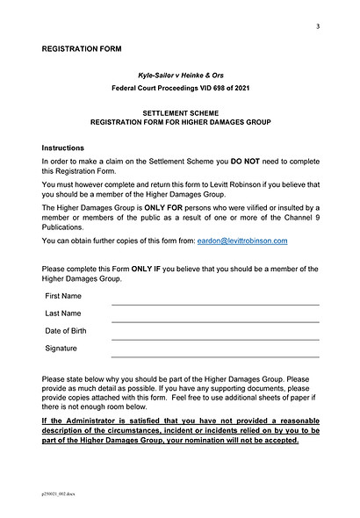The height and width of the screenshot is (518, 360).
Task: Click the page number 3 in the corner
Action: [x=318, y=26]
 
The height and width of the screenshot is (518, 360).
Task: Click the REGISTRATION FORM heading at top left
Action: [x=82, y=49]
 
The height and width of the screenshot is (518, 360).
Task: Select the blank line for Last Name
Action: [x=215, y=320]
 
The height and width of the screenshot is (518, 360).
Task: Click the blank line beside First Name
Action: [x=215, y=303]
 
